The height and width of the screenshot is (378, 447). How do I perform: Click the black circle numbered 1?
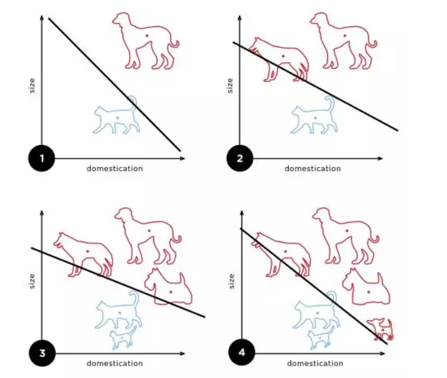click(42, 159)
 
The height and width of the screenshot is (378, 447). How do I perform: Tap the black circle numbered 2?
click(240, 159)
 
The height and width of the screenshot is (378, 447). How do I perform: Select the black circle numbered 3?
click(42, 353)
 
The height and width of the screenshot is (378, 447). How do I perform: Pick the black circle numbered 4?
click(241, 352)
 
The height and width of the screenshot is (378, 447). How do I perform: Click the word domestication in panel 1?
click(115, 168)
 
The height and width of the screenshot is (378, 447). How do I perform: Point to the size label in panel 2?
click(230, 86)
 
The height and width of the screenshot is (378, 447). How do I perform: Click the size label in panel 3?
click(32, 281)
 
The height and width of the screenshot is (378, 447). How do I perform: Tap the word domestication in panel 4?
click(315, 364)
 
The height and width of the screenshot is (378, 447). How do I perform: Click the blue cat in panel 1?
click(116, 115)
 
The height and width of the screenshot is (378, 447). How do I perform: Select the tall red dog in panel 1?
click(145, 41)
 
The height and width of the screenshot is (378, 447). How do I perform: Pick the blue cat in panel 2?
click(314, 115)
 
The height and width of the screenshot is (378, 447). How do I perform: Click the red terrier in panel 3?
click(168, 286)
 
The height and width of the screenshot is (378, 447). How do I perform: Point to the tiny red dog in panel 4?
click(380, 330)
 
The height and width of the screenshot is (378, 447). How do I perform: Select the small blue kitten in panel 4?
click(321, 338)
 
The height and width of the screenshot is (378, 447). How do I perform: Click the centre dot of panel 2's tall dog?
click(345, 35)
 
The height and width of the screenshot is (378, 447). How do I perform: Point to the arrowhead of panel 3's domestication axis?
click(183, 354)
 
